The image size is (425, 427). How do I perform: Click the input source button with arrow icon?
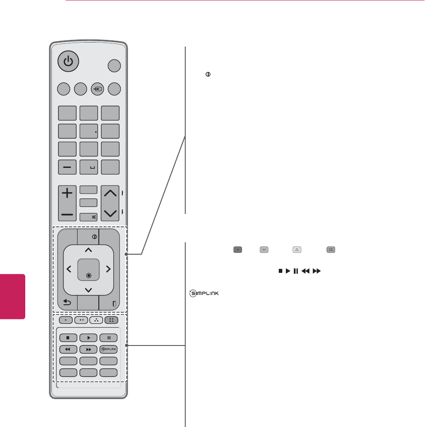(x=97, y=89)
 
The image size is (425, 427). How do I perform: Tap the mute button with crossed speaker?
(x=88, y=217)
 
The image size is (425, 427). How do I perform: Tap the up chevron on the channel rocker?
(x=110, y=193)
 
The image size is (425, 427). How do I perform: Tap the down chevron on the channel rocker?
(x=110, y=213)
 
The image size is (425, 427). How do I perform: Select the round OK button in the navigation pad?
(x=89, y=275)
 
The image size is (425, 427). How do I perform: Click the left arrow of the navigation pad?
(x=69, y=269)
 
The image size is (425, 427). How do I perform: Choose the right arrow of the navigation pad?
(x=108, y=269)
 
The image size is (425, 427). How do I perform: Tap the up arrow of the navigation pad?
(x=88, y=250)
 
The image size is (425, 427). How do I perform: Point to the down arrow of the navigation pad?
(x=88, y=290)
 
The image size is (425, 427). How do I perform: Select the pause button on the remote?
(x=109, y=338)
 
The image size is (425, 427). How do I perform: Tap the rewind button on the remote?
(x=68, y=349)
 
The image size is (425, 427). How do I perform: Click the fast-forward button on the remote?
(x=88, y=349)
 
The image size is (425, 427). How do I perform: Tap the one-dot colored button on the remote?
(x=65, y=319)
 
